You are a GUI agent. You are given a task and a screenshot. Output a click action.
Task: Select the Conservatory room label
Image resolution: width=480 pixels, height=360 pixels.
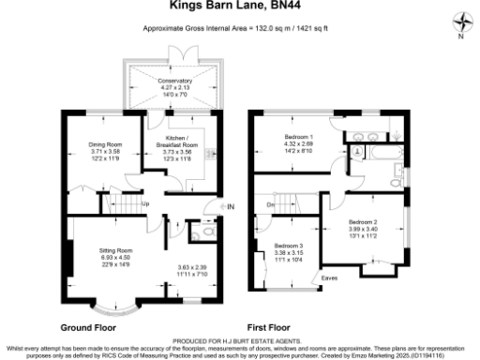coord(170,84)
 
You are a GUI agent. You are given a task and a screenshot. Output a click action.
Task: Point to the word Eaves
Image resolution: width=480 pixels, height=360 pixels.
coord(329,278)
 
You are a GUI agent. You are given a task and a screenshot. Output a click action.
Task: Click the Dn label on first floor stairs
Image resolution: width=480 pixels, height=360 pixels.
coord(270,203)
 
